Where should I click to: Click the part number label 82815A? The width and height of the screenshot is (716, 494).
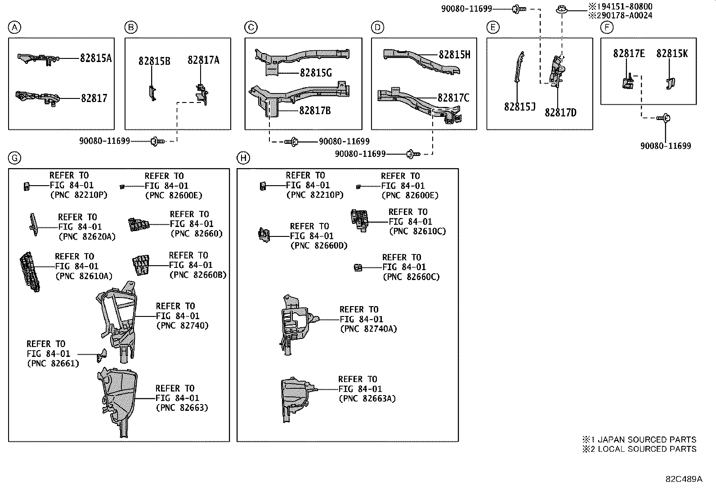96,58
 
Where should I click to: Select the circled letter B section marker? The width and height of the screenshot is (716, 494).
130,28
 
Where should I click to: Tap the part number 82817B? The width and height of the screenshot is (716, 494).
315,110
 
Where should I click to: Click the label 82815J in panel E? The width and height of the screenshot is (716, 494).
519,107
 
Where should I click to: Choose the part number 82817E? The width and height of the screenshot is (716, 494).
629,53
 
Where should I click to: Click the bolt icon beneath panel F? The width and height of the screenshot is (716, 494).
664,118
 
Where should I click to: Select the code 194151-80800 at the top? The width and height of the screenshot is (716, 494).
621,7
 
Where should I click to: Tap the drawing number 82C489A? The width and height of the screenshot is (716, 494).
684,479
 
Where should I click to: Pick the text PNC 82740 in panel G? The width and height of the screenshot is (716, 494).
182,325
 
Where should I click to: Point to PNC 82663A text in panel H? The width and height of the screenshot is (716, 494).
367,398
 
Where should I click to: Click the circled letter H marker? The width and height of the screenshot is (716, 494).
243,158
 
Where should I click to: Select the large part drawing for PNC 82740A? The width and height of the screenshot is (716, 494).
295,324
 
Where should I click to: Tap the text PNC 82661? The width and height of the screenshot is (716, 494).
53,363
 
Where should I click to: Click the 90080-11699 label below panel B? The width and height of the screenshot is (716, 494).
104,141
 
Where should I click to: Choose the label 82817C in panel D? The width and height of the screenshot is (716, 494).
453,98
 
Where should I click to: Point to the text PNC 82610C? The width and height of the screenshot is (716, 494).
417,231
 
